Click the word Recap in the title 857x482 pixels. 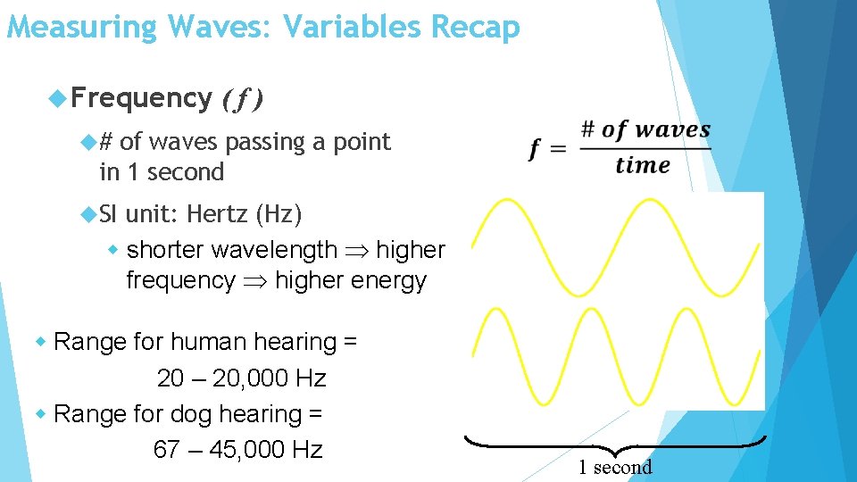coord(475,27)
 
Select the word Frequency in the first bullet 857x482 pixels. coord(141,97)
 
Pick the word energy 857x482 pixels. coord(386,280)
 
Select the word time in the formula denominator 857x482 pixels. coord(643,165)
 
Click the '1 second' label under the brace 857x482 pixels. coord(615,467)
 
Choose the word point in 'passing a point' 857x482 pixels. coord(361,142)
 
